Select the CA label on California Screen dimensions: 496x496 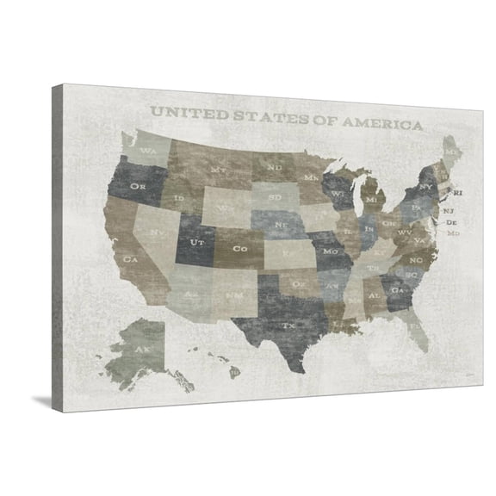click(x=132, y=258)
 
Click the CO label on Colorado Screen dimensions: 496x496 click(x=241, y=249)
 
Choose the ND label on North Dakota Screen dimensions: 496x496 click(x=274, y=166)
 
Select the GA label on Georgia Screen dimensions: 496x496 click(x=397, y=291)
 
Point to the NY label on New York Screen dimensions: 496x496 click(x=425, y=186)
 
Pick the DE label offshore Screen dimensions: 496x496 click(x=451, y=223)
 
